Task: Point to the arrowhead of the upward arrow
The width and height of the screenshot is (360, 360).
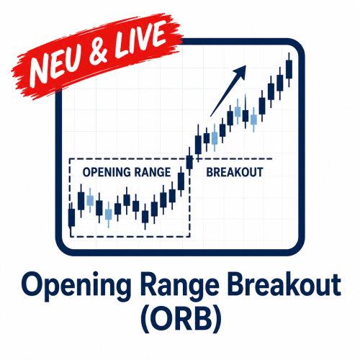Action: click(x=240, y=71)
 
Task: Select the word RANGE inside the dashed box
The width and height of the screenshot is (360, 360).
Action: click(x=153, y=172)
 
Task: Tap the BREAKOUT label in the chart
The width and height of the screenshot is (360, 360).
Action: click(x=235, y=172)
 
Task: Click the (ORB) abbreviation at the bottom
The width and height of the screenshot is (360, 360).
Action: click(x=181, y=319)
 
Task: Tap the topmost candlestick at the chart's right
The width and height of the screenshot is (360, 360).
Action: click(x=289, y=70)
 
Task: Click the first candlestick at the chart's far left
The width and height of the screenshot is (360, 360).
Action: click(x=71, y=217)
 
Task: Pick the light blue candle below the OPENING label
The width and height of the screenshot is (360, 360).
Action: click(x=90, y=201)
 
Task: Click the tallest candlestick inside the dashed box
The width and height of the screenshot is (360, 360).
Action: click(x=181, y=182)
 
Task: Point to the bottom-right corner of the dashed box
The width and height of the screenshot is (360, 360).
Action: click(x=190, y=237)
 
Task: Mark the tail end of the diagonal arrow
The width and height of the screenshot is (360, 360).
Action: click(x=210, y=117)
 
